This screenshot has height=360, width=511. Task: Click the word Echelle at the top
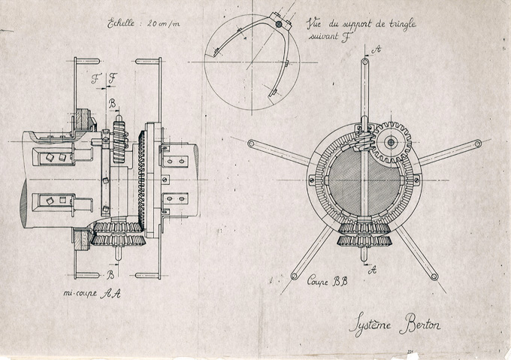(x=120, y=23)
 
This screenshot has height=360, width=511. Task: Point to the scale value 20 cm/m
(x=163, y=23)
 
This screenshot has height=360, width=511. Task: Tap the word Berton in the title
(x=420, y=324)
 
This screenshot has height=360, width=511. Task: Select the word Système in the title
(x=370, y=324)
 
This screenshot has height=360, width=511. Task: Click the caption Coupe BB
(x=328, y=281)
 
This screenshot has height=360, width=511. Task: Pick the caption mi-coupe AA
(x=92, y=293)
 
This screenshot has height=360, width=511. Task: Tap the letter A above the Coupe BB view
(x=376, y=49)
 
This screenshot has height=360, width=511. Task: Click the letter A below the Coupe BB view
(x=372, y=270)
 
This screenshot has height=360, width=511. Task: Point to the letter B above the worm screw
(x=112, y=104)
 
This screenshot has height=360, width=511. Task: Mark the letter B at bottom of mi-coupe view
(x=110, y=275)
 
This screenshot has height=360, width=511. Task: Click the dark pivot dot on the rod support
(x=279, y=24)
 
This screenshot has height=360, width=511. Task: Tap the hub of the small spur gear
(x=390, y=142)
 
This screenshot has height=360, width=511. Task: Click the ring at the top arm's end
(x=365, y=61)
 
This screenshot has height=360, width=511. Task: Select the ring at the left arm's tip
(x=251, y=143)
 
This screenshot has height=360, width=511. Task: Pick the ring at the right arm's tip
(x=478, y=144)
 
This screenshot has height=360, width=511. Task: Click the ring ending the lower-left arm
(x=294, y=277)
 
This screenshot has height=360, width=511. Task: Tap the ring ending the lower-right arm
(x=434, y=277)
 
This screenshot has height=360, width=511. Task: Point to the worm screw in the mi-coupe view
(x=119, y=141)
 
